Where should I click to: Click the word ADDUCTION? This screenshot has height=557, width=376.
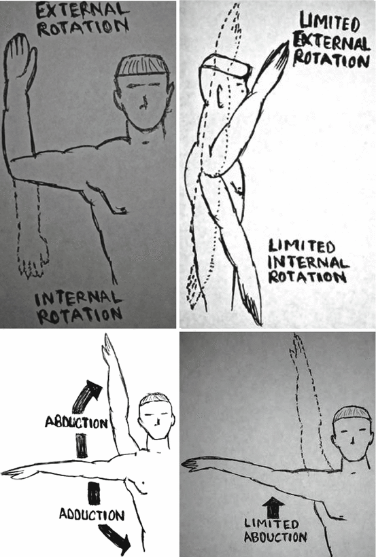[x=92, y=514]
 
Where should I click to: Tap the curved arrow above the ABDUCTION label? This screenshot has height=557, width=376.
[x=86, y=396]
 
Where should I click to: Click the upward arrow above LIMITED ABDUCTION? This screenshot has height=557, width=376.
[x=273, y=507]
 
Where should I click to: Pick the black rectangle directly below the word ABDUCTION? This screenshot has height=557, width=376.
[x=82, y=446]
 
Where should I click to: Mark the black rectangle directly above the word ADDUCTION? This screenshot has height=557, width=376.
[x=94, y=493]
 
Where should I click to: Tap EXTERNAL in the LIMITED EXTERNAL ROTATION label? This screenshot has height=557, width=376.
[x=331, y=43]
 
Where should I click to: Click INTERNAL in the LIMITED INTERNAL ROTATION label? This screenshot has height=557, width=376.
[x=307, y=262]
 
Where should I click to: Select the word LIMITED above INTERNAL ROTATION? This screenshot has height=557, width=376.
[x=302, y=246]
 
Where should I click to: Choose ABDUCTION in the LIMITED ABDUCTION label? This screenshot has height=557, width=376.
[x=275, y=537]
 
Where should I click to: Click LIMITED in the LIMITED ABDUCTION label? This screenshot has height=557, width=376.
[x=271, y=524]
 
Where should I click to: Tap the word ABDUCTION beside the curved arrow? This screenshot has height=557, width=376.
[x=76, y=422]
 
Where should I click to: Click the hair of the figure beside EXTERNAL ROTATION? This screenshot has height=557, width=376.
[x=141, y=67]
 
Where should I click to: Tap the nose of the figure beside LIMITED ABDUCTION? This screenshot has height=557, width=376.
[x=352, y=440]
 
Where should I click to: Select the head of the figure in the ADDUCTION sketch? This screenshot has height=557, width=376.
[x=156, y=416]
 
